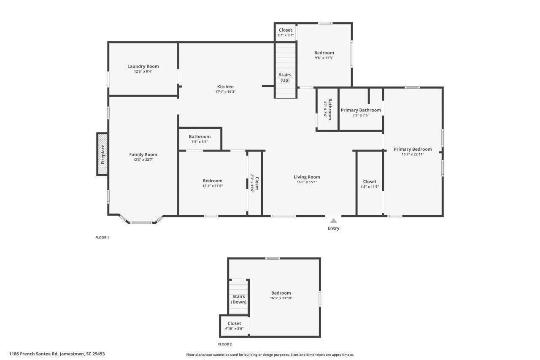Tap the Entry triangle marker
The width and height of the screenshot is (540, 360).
333,220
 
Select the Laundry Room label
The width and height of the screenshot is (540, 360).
143,66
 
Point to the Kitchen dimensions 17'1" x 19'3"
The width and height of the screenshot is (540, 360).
225,92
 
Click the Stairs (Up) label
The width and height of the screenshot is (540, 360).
285,77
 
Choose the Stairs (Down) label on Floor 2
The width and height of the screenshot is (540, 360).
238,299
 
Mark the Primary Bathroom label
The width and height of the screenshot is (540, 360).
361,110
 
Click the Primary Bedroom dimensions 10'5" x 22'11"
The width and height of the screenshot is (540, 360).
413,154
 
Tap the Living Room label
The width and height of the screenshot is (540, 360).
307,177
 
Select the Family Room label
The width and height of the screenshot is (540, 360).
143,154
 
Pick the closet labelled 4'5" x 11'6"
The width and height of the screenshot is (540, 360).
370,184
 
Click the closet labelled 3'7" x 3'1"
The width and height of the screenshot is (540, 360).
285,32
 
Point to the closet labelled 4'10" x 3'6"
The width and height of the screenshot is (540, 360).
234,326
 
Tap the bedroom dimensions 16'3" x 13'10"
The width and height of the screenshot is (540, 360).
281,298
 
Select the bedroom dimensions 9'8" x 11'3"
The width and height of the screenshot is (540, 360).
324,58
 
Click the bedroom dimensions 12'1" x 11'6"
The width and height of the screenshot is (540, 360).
212,186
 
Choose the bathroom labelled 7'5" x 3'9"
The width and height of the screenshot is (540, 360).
200,139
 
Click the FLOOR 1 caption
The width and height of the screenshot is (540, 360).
102,238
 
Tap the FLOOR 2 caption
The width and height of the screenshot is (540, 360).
225,344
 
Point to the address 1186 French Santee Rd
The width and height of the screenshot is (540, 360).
57,354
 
